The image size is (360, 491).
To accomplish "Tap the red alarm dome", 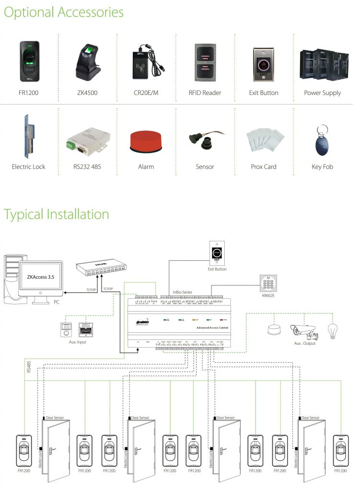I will [146, 140].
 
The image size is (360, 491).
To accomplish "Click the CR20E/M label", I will [146, 93].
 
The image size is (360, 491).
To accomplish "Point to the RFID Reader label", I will [205, 93].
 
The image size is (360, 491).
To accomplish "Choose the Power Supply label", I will [322, 93].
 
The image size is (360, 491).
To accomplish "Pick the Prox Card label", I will [264, 167].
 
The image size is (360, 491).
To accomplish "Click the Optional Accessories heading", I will [64, 12].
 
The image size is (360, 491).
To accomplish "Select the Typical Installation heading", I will [57, 214].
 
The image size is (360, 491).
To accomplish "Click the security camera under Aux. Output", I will [303, 330].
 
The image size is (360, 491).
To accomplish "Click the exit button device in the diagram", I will [217, 253].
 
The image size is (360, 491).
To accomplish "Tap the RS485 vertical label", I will [27, 368].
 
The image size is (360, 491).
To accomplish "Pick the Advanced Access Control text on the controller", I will [212, 327].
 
